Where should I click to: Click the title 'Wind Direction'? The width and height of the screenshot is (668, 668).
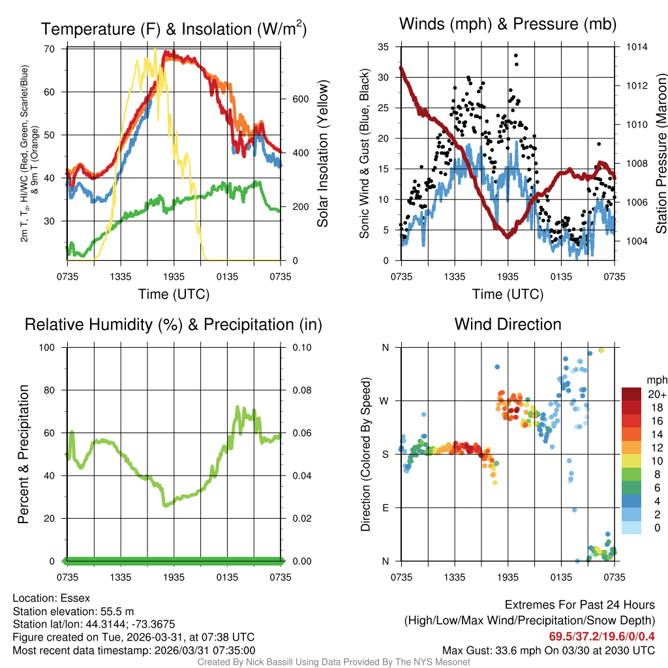(508, 324)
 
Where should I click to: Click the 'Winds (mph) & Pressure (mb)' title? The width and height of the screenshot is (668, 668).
(508, 25)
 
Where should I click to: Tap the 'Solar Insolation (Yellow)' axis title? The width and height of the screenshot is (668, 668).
(322, 154)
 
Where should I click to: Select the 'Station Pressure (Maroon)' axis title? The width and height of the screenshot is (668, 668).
(661, 154)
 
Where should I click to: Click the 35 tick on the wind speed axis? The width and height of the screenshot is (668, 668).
(384, 47)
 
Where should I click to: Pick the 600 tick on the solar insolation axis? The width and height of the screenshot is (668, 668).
(299, 99)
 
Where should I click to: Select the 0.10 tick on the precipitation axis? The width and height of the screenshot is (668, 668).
(302, 347)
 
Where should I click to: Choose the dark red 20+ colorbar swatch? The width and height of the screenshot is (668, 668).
(631, 394)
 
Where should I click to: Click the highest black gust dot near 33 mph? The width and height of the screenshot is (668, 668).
(515, 55)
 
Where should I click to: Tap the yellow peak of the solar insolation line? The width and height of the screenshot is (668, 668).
(155, 48)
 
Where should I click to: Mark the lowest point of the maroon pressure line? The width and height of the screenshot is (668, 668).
(507, 237)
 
